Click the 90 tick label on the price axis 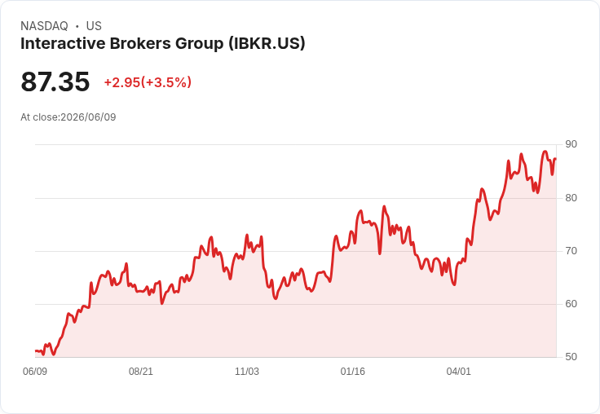[x=571, y=144]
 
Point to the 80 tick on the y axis [x=571, y=198]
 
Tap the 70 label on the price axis [x=571, y=251]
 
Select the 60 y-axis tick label [x=571, y=304]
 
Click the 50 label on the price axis [x=571, y=357]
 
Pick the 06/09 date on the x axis [x=35, y=372]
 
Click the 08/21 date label [x=141, y=372]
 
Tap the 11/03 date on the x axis [x=247, y=372]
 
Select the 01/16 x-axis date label [x=352, y=372]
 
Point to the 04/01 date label [x=458, y=372]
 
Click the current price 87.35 [x=55, y=81]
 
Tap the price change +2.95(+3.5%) [x=148, y=82]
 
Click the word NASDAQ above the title [x=44, y=26]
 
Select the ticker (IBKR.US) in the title [x=267, y=43]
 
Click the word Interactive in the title [x=63, y=43]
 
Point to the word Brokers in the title [x=140, y=43]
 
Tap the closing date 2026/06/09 [x=88, y=117]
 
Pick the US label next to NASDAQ [x=94, y=26]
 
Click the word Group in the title [x=200, y=44]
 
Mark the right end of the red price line [x=556, y=158]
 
